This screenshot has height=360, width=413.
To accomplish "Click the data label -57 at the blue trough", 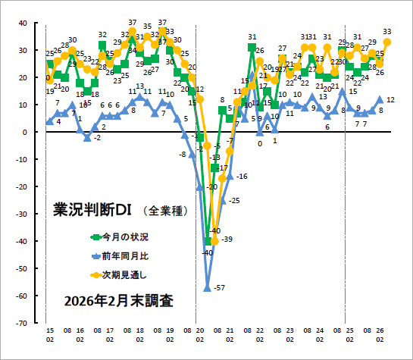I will (x=221, y=288).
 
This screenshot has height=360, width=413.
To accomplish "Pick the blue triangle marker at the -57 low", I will (x=207, y=287).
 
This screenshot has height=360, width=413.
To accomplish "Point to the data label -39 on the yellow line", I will (x=227, y=239).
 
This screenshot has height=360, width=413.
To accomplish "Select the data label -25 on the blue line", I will (x=234, y=200).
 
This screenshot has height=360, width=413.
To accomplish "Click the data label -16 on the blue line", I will (x=242, y=176).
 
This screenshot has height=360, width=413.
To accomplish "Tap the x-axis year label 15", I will (x=49, y=331).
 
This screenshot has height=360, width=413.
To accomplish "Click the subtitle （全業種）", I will (x=164, y=210).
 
